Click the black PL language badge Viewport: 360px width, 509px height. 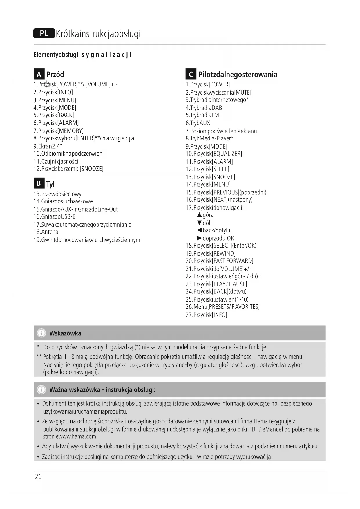[x=44, y=33]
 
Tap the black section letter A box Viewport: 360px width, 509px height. [x=39, y=74]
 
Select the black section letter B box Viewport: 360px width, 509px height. [x=39, y=183]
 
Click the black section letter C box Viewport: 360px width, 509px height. [x=191, y=74]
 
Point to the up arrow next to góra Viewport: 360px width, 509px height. [x=199, y=215]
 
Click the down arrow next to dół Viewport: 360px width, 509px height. [x=199, y=223]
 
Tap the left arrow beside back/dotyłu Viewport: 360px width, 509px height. [x=199, y=230]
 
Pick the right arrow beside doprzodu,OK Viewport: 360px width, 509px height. [x=199, y=238]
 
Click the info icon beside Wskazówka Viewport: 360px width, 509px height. [x=41, y=333]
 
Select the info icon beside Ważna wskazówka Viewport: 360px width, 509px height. [x=41, y=389]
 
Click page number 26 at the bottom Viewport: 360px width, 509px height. [x=38, y=476]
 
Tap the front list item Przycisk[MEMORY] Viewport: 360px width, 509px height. [x=58, y=131]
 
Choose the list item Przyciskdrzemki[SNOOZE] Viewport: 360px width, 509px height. [x=68, y=169]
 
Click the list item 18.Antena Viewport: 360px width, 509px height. [x=46, y=232]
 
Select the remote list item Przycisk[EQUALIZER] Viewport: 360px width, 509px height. [x=214, y=154]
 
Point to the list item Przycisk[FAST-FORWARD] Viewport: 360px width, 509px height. [x=219, y=261]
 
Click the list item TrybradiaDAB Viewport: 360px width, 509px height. [x=204, y=108]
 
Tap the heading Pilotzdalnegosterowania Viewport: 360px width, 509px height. [x=238, y=75]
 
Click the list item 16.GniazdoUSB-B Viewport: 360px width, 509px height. [x=55, y=216]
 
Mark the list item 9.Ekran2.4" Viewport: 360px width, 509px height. [x=48, y=146]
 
